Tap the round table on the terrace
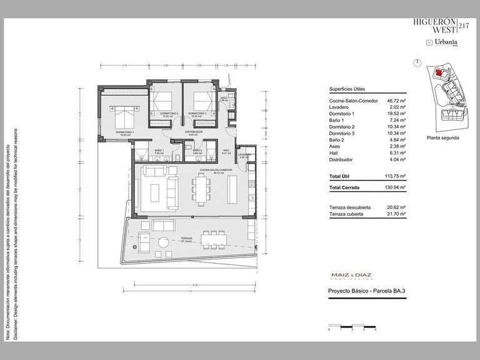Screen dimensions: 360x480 162,242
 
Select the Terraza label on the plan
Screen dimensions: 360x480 186,239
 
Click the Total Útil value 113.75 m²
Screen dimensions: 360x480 396,176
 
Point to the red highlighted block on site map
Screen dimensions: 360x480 438,72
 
